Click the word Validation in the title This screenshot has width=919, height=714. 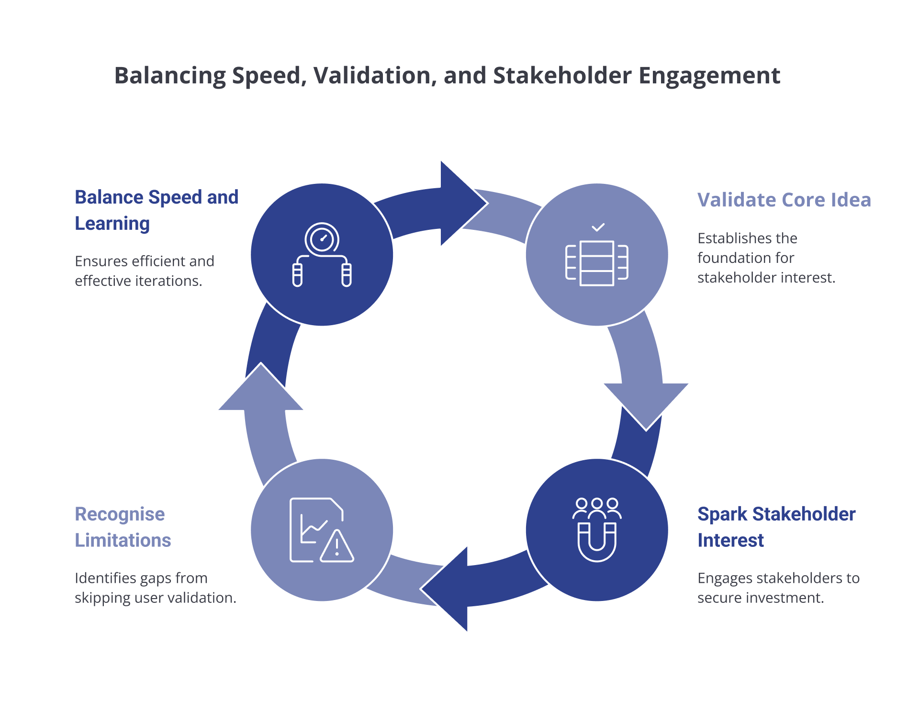[374, 76]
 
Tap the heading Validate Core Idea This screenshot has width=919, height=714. [784, 200]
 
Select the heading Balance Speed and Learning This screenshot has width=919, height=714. [156, 210]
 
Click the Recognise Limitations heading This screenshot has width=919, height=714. [123, 527]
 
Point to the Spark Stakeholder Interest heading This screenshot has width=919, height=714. [776, 527]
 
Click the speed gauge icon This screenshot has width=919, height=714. [322, 238]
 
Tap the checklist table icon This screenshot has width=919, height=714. [597, 263]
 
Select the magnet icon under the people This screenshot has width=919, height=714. [597, 542]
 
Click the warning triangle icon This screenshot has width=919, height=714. [337, 546]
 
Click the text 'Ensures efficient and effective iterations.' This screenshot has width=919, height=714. [145, 271]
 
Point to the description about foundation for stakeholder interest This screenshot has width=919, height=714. [766, 258]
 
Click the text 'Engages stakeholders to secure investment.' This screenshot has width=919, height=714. [778, 588]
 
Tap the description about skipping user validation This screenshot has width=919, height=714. [155, 588]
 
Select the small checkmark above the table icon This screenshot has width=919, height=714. [598, 227]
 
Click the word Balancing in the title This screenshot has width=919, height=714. [170, 76]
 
